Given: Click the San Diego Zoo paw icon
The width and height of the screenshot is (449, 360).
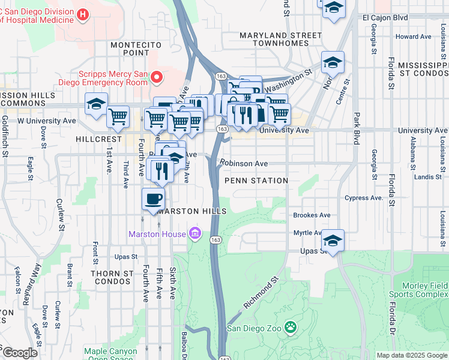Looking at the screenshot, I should click(x=291, y=328).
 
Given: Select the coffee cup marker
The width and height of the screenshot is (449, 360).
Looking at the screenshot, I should click(x=154, y=199).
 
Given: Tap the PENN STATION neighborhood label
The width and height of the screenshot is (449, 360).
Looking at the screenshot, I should click(x=256, y=181).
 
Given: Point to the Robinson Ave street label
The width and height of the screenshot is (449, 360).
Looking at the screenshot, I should click(x=243, y=163).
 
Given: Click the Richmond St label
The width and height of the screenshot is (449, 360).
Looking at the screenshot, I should click(x=262, y=293).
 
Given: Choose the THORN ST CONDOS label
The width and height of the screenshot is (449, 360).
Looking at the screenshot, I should click(x=112, y=277).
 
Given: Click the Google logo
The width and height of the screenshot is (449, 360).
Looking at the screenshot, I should click(x=20, y=353).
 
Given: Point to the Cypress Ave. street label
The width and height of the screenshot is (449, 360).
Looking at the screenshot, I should click(x=364, y=197).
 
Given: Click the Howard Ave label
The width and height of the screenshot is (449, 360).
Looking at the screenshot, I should click(x=414, y=37).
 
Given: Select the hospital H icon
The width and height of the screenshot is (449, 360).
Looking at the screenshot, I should click(x=83, y=13).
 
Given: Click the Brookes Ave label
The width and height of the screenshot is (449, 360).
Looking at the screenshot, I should click(x=312, y=215).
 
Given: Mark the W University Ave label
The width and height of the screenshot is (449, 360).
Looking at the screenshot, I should click(x=47, y=121).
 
